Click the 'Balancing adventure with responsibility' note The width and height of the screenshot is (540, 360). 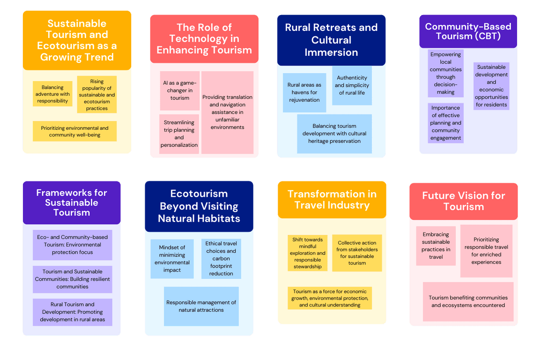(52, 94)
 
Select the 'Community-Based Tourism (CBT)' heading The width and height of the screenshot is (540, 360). (468, 31)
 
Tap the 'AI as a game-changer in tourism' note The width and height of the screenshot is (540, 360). (180, 90)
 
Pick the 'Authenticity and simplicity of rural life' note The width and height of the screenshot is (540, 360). (352, 85)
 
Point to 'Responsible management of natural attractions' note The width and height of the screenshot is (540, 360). (201, 306)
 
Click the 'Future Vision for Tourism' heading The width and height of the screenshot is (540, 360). (464, 201)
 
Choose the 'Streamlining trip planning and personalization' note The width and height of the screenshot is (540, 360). (179, 134)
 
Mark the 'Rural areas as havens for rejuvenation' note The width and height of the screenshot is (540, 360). (304, 92)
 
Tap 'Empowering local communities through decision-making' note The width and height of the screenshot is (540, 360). (446, 73)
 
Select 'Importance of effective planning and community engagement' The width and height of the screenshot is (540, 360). (446, 123)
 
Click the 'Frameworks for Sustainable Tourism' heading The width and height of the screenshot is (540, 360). (72, 202)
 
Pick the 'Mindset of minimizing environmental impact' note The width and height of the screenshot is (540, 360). (172, 259)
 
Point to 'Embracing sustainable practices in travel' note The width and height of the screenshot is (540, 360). (436, 246)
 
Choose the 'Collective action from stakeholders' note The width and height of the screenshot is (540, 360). (357, 253)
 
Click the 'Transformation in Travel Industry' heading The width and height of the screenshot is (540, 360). (332, 200)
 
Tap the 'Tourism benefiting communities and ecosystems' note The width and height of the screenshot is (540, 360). (468, 301)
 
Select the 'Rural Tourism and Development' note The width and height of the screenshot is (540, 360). (73, 312)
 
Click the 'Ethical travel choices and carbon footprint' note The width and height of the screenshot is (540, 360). (221, 259)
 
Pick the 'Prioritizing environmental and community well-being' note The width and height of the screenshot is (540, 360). (74, 131)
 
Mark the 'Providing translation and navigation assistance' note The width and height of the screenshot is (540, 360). (227, 112)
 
